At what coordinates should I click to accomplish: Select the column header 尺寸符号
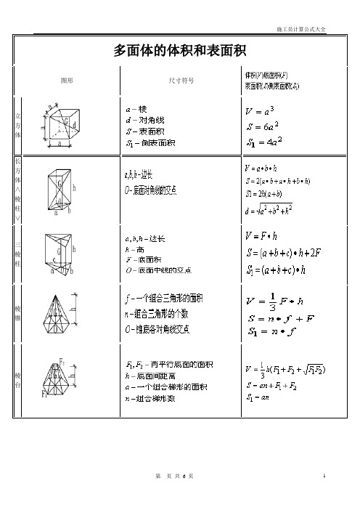point(180,80)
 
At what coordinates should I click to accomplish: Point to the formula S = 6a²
point(269,126)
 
